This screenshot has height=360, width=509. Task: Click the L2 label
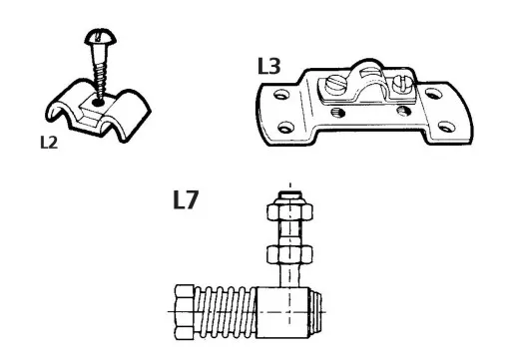coord(49,143)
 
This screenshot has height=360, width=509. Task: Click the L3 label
coord(269,66)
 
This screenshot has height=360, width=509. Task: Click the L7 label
coord(186,199)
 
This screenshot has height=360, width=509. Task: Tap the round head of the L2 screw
coord(101,36)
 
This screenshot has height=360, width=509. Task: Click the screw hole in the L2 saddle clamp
coord(98,103)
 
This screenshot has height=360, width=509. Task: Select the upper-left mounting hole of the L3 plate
coord(281,96)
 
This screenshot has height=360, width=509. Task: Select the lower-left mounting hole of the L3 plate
coord(286,128)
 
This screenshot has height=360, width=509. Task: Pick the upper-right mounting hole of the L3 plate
coord(433,94)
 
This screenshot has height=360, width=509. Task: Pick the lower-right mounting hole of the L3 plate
coord(446,127)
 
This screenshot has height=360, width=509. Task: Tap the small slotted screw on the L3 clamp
coord(402,85)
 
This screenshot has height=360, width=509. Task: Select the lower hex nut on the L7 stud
coord(289,254)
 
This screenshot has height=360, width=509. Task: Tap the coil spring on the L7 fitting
coord(226,311)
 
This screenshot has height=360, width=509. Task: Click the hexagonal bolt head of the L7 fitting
coord(185,312)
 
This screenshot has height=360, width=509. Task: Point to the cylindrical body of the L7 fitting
coord(282,312)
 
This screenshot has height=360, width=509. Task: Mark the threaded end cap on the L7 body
coord(316,312)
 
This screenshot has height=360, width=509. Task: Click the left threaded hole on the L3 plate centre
coord(337,113)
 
